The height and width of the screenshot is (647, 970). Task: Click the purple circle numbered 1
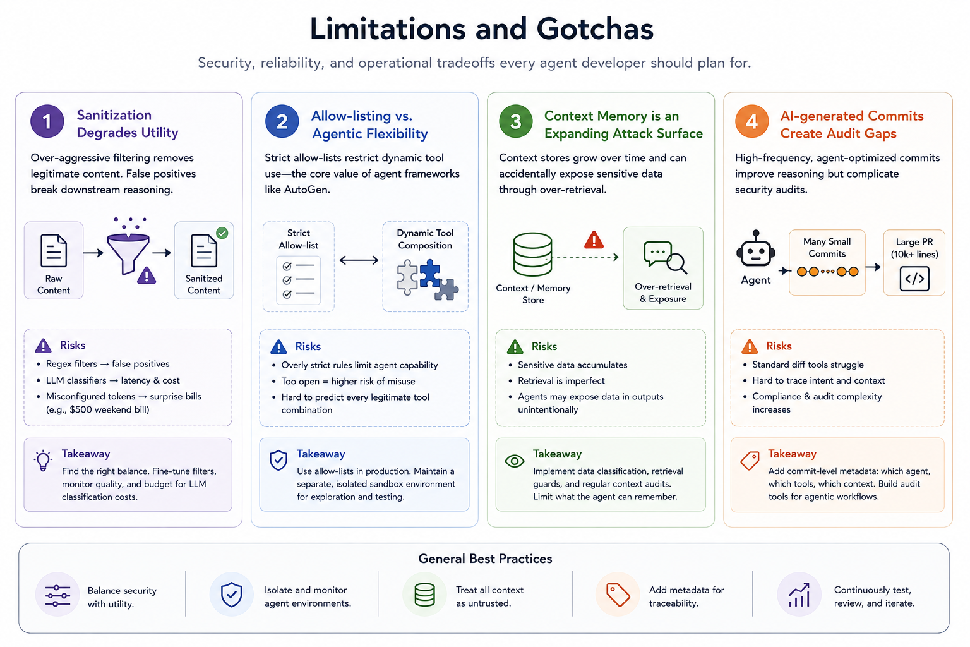pyautogui.click(x=47, y=121)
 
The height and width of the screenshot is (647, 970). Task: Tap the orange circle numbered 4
pyautogui.click(x=751, y=121)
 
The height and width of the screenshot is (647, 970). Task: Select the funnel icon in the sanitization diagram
pyautogui.click(x=128, y=253)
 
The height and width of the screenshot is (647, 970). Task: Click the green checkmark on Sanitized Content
pyautogui.click(x=222, y=233)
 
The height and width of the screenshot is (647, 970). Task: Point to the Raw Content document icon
pyautogui.click(x=54, y=250)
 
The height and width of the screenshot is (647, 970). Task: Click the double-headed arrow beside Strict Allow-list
pyautogui.click(x=359, y=260)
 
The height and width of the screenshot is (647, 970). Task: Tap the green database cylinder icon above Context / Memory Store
pyautogui.click(x=532, y=254)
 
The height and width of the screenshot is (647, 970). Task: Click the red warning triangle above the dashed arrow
pyautogui.click(x=594, y=240)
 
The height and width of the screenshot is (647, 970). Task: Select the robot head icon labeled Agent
pyautogui.click(x=756, y=248)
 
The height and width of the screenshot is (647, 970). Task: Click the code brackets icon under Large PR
pyautogui.click(x=914, y=279)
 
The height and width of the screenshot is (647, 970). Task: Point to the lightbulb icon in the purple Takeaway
pyautogui.click(x=43, y=461)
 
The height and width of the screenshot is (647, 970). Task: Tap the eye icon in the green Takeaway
pyautogui.click(x=515, y=461)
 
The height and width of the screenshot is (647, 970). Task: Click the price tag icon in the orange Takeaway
pyautogui.click(x=750, y=461)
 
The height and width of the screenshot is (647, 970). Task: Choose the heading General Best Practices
pyautogui.click(x=485, y=559)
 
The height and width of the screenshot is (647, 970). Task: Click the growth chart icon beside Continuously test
pyautogui.click(x=799, y=595)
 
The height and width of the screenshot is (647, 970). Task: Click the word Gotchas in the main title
pyautogui.click(x=594, y=29)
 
